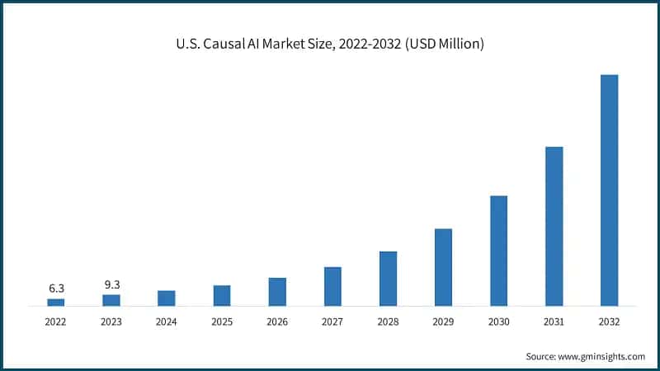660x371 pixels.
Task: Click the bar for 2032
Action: (x=609, y=190)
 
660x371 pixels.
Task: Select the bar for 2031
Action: (x=554, y=227)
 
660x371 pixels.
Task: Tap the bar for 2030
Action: (x=498, y=251)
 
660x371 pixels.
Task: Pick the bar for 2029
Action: (x=443, y=267)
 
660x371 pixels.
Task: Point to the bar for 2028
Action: (x=388, y=279)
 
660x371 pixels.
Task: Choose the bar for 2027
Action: (x=332, y=287)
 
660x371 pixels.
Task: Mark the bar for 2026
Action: (x=277, y=292)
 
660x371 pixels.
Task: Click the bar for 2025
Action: (x=222, y=296)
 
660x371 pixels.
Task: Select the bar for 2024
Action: (x=167, y=298)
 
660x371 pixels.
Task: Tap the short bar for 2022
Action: (x=56, y=303)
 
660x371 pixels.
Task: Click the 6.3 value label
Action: (x=56, y=289)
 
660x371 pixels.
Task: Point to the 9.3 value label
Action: (x=111, y=284)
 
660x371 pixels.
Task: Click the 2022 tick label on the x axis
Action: (x=56, y=322)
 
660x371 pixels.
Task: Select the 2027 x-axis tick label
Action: (x=332, y=322)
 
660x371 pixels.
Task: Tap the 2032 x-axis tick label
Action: (x=609, y=322)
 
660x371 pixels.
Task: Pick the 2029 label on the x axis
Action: (x=443, y=322)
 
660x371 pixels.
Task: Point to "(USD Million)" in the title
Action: (x=442, y=44)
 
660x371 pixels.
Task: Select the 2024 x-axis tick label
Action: (x=167, y=322)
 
